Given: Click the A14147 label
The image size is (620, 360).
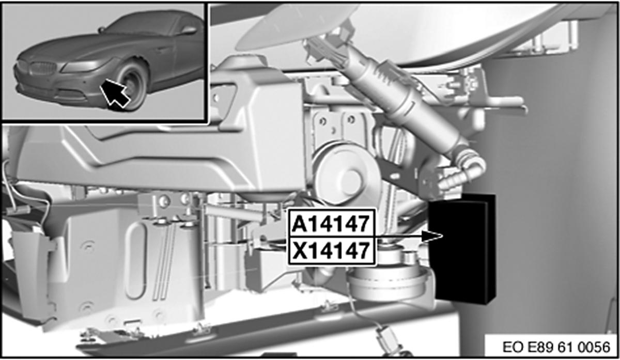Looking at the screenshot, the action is [x=332, y=224].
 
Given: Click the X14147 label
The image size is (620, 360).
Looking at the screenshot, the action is [x=332, y=251].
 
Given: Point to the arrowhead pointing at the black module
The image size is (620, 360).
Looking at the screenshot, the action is [x=432, y=237].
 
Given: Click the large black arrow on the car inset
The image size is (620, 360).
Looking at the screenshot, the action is [x=115, y=92].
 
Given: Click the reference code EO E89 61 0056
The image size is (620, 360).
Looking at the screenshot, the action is [x=556, y=347].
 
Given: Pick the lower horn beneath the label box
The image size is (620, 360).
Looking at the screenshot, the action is [x=388, y=279].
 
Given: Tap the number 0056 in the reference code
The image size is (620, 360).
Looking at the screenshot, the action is [x=595, y=347].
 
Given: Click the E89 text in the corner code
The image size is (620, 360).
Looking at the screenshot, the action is [x=541, y=347].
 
